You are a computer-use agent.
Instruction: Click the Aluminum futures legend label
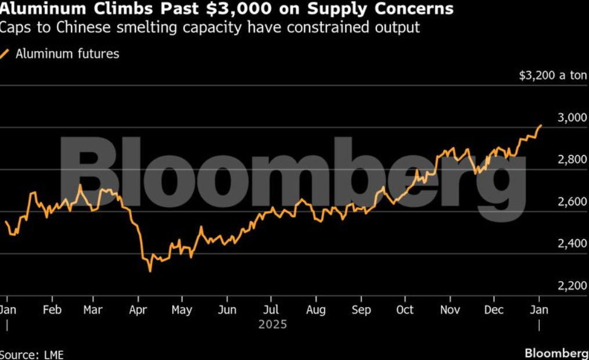pyautogui.click(x=67, y=54)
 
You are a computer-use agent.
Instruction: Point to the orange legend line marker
pyautogui.click(x=5, y=54)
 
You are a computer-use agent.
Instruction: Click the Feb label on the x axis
pyautogui.click(x=52, y=310)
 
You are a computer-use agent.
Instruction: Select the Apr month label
pyautogui.click(x=138, y=310)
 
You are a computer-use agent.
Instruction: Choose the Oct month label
pyautogui.click(x=405, y=310)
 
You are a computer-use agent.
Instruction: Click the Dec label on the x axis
pyautogui.click(x=494, y=310)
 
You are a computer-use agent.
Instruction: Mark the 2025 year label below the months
pyautogui.click(x=272, y=324)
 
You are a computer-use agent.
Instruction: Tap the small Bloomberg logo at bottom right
pyautogui.click(x=556, y=353)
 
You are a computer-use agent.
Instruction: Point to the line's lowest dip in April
pyautogui.click(x=150, y=271)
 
